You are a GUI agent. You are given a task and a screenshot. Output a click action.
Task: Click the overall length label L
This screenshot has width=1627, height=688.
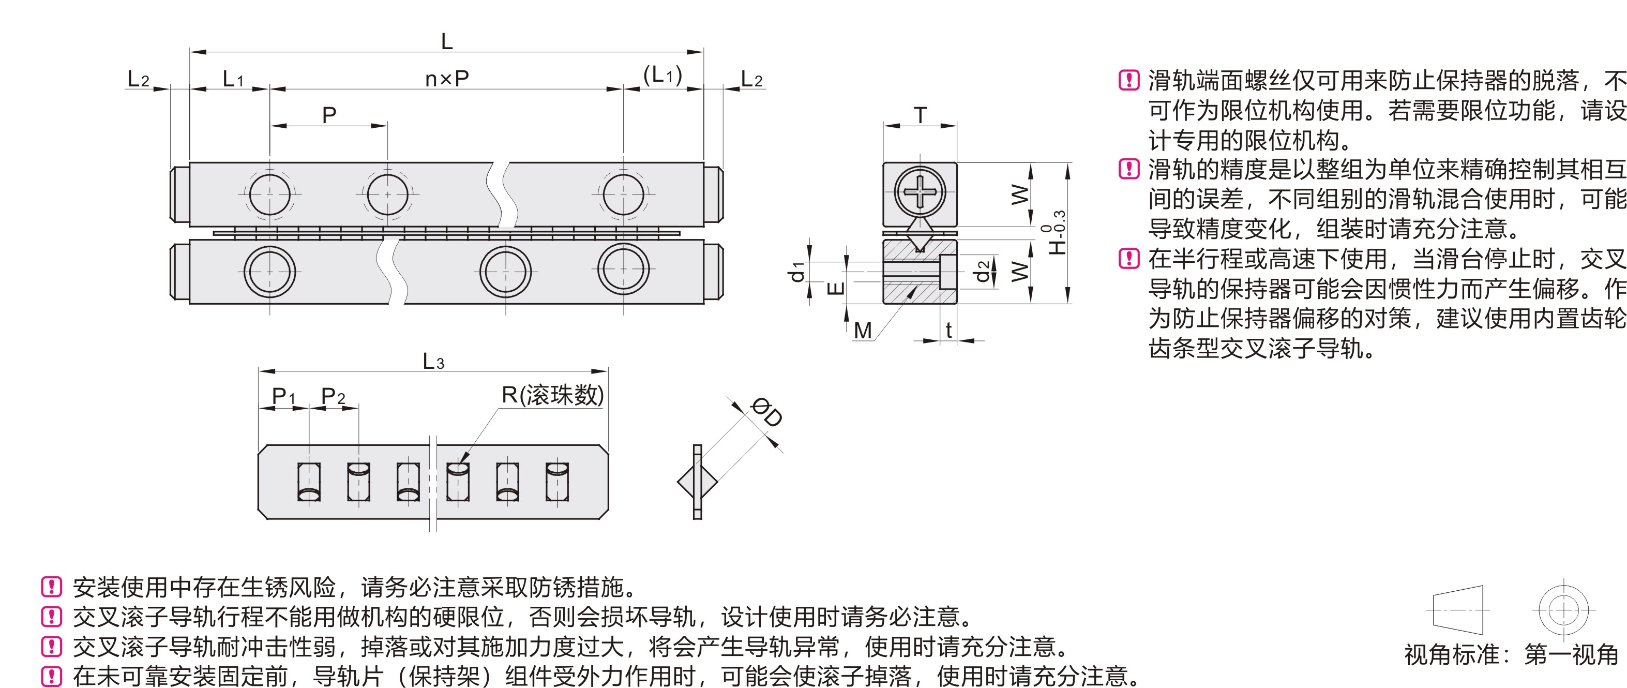pyautogui.click(x=446, y=42)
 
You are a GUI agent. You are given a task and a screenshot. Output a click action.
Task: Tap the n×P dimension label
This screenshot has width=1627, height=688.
pyautogui.click(x=446, y=80)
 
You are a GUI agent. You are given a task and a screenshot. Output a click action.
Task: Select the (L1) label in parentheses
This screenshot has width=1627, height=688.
pyautogui.click(x=662, y=76)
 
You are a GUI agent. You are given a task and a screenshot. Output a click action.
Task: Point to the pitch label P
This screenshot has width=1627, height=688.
pyautogui.click(x=329, y=115)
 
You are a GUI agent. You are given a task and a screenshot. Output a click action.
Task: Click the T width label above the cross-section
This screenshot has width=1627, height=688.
pyautogui.click(x=920, y=115)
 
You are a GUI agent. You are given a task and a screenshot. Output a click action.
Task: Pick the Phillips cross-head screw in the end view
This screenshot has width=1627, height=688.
pyautogui.click(x=920, y=189)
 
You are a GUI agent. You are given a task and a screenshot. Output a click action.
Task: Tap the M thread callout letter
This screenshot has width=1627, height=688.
pyautogui.click(x=862, y=331)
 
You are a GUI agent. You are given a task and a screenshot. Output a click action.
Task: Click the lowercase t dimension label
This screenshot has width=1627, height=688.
pyautogui.click(x=948, y=331)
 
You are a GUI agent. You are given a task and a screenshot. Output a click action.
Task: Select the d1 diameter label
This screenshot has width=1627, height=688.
pyautogui.click(x=797, y=272)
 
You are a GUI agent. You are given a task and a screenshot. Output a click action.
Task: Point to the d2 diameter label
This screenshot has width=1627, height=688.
pyautogui.click(x=981, y=272)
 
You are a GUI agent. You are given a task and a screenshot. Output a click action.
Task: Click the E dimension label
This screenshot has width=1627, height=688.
pyautogui.click(x=835, y=289)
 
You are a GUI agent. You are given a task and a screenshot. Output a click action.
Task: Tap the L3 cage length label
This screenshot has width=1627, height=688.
pyautogui.click(x=433, y=362)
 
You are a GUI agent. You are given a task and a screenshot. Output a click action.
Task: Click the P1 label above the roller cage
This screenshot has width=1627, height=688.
pyautogui.click(x=283, y=397)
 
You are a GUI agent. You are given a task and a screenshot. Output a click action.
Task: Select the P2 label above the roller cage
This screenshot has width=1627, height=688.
pyautogui.click(x=333, y=397)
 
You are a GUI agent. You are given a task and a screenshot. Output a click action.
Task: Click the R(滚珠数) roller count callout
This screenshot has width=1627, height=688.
pyautogui.click(x=553, y=396)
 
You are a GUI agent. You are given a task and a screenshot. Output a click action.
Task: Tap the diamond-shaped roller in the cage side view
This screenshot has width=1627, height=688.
pyautogui.click(x=697, y=482)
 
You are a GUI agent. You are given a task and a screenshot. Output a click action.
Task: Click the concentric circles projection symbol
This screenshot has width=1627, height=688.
pyautogui.click(x=1563, y=610)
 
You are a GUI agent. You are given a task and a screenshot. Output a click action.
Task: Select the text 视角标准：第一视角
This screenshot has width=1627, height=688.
pyautogui.click(x=1512, y=654)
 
